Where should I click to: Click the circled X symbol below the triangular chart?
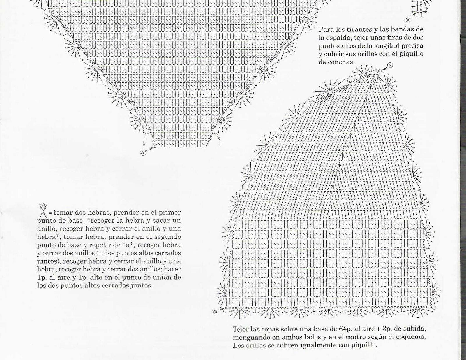(x=143, y=152)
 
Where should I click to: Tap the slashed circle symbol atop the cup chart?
(x=390, y=65)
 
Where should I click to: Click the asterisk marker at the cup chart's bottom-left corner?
(x=215, y=312)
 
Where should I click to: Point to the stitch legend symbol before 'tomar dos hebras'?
(x=43, y=211)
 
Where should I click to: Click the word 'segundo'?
(x=168, y=237)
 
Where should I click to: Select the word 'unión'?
(x=164, y=277)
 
